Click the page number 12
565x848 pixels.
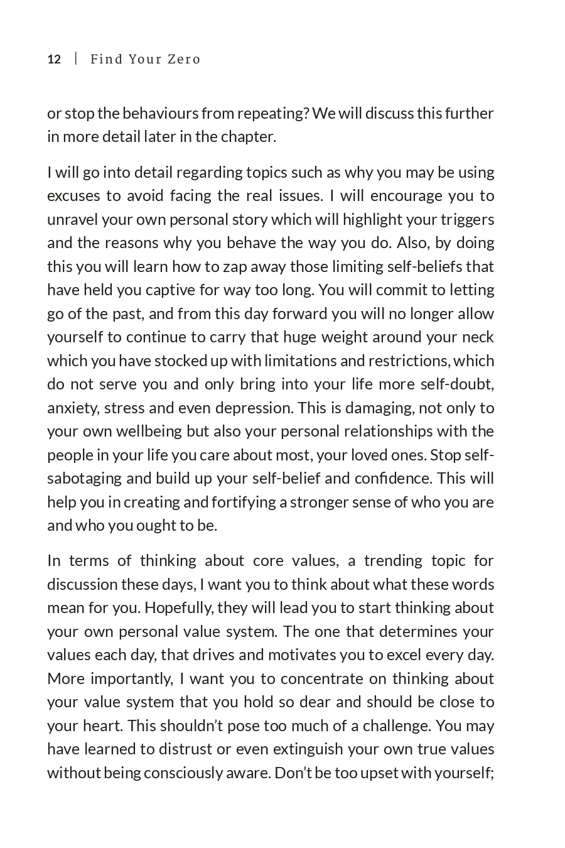tap(54, 60)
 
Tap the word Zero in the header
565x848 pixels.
tap(184, 60)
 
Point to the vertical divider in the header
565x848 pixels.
tap(76, 59)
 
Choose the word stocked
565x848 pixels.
tap(190, 361)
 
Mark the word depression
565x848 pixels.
tap(254, 408)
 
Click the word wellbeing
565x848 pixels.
tap(149, 431)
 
